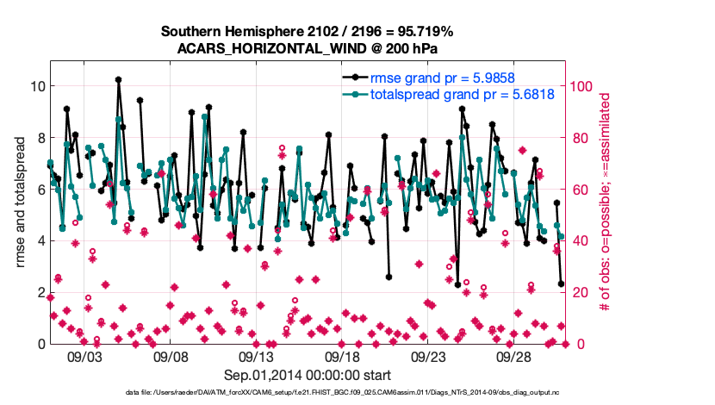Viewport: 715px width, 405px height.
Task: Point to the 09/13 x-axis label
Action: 256,356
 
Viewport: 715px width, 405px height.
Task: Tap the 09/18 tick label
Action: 342,356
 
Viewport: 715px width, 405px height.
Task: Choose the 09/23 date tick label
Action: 428,356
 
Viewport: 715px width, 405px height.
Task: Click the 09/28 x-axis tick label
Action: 514,356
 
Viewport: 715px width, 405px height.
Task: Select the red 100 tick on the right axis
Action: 581,86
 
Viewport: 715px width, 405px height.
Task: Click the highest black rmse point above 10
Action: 118,79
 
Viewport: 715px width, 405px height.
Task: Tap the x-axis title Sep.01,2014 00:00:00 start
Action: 308,375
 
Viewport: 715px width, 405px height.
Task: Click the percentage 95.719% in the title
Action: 424,32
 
